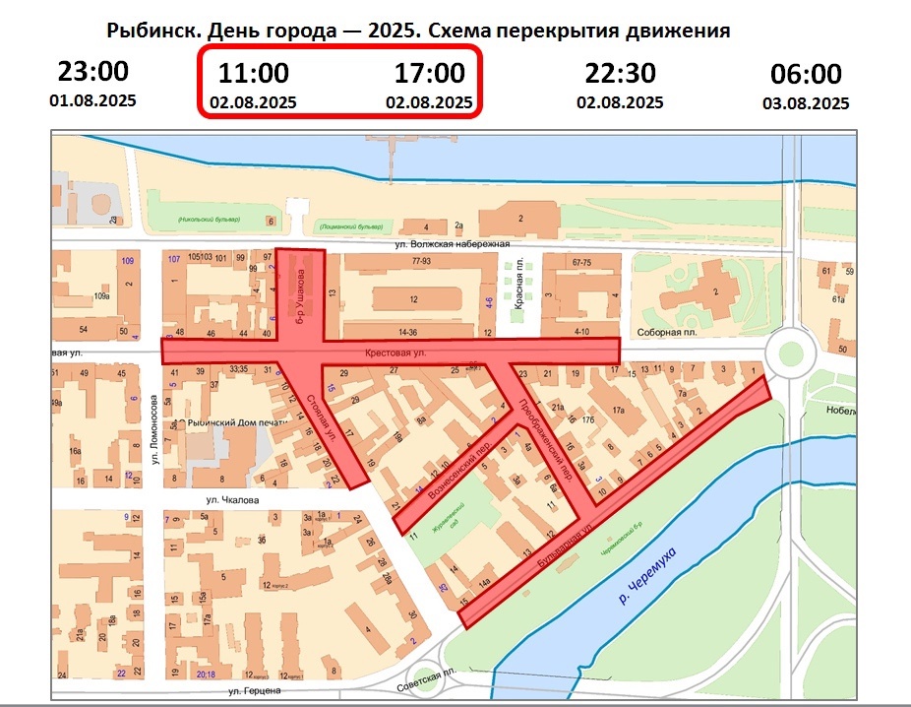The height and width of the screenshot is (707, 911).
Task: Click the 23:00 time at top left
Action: click(x=92, y=72)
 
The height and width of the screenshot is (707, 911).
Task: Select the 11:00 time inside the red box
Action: click(x=253, y=73)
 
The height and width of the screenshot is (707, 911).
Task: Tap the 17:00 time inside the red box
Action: click(x=429, y=73)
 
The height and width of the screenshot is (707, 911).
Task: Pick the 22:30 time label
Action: click(x=620, y=74)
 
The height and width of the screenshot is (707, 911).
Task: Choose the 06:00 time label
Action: click(x=806, y=75)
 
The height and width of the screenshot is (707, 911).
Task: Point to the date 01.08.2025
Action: click(x=92, y=100)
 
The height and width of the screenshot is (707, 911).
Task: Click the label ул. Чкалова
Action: click(x=232, y=499)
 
